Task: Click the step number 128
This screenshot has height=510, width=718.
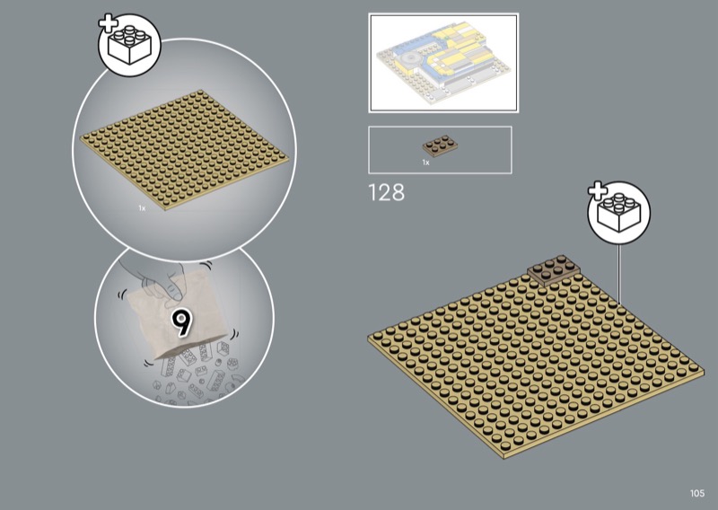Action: (x=387, y=192)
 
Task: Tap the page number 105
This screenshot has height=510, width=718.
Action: (x=697, y=493)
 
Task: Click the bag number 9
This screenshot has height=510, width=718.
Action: (x=182, y=322)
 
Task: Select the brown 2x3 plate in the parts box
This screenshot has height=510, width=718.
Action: (x=440, y=145)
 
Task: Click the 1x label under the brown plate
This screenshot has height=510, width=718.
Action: (x=425, y=163)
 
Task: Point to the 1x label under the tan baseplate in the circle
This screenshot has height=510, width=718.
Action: (x=142, y=208)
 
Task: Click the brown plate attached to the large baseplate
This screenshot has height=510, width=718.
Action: (x=553, y=269)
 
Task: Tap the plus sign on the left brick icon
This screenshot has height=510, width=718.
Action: (x=108, y=23)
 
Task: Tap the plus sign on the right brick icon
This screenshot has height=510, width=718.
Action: (x=597, y=191)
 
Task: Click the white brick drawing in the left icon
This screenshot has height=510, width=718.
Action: (x=130, y=45)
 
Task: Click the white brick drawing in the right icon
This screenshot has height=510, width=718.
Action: (x=619, y=213)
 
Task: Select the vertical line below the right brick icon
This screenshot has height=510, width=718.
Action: (x=618, y=274)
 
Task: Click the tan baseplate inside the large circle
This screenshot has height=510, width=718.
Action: (x=184, y=150)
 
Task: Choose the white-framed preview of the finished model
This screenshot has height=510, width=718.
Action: (x=443, y=63)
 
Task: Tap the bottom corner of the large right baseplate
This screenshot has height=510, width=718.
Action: (x=504, y=458)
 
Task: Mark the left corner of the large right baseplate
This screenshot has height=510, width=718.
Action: (x=368, y=339)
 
